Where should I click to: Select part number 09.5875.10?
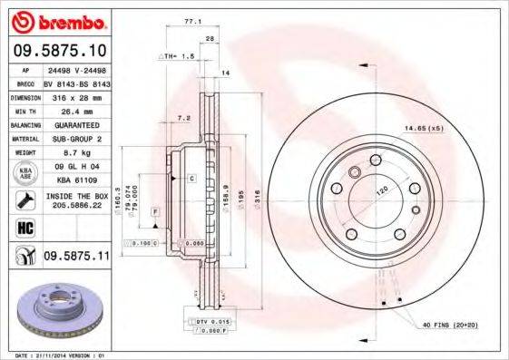pyautogui.click(x=58, y=52)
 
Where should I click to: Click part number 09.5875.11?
pyautogui.click(x=75, y=258)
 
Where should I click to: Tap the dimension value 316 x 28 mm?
pyautogui.click(x=77, y=96)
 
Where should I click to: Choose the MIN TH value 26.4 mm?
pyautogui.click(x=76, y=110)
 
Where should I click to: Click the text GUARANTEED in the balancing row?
pyautogui.click(x=76, y=124)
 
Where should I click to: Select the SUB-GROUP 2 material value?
pyautogui.click(x=76, y=138)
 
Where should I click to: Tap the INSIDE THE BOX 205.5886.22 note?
pyautogui.click(x=76, y=200)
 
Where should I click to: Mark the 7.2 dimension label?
pyautogui.click(x=184, y=118)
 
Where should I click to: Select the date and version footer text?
pyautogui.click(x=56, y=355)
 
